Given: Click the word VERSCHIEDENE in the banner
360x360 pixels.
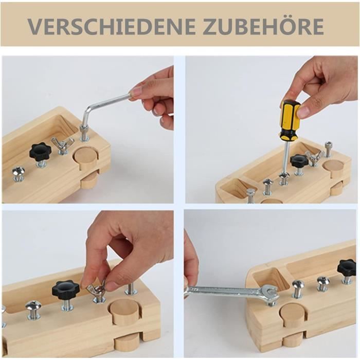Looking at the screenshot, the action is (x=112, y=26).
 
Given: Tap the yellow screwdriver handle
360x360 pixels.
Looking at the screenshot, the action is (x=289, y=119).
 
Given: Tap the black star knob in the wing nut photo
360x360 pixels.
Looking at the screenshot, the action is (x=65, y=290).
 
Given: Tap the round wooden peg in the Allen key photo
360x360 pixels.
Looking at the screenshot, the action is (x=86, y=159).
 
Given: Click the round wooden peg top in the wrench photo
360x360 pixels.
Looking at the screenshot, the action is (x=291, y=312).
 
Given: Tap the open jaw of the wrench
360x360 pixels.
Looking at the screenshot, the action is (x=270, y=292).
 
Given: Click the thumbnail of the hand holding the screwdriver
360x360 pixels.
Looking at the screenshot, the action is (x=304, y=112).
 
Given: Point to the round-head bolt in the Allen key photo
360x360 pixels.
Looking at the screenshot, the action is (x=19, y=174).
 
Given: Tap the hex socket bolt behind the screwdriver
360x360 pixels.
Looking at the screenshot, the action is (x=329, y=149).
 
